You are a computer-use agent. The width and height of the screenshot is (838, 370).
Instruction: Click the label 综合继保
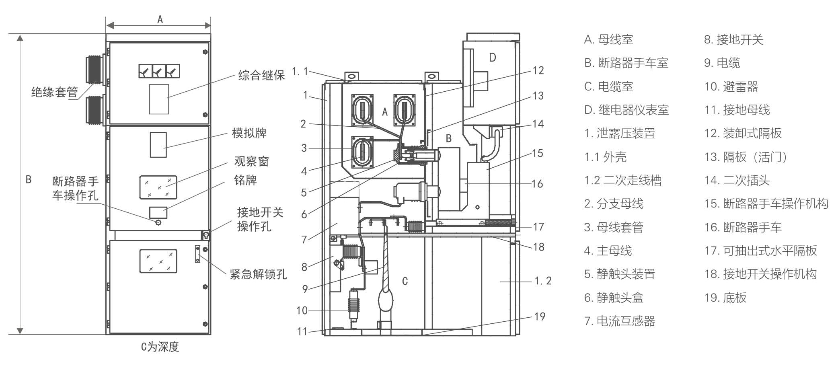tap(261, 75)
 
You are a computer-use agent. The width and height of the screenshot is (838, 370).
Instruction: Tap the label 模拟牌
tap(249, 133)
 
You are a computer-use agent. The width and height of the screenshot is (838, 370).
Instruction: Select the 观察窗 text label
tap(251, 161)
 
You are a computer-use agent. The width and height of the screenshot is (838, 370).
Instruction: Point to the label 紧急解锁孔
tap(258, 275)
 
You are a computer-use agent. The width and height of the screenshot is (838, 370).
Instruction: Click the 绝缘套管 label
tap(54, 92)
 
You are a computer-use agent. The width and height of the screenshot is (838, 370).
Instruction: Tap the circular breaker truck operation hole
tap(158, 222)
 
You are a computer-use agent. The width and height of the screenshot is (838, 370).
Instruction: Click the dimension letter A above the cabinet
tap(160, 19)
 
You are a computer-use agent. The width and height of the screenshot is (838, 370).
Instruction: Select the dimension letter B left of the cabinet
tap(29, 179)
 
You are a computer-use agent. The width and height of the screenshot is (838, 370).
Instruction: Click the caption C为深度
tap(160, 347)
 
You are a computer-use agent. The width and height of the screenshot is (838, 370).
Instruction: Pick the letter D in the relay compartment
tap(492, 58)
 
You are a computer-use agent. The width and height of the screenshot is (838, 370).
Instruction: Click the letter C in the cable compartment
tap(405, 281)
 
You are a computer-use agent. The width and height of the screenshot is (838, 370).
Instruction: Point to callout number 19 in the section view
tap(540, 317)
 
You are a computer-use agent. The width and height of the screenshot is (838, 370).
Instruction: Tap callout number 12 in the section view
tap(538, 71)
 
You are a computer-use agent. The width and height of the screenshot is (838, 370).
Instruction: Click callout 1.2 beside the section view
tap(543, 281)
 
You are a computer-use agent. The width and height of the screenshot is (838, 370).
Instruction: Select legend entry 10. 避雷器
tap(731, 86)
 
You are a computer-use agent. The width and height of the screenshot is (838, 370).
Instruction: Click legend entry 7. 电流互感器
tap(620, 321)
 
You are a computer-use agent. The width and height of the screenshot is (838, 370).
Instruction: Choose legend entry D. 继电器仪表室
tap(626, 110)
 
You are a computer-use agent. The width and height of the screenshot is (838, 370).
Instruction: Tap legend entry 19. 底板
tap(725, 298)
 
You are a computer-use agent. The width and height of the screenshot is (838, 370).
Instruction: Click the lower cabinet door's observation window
tap(158, 261)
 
